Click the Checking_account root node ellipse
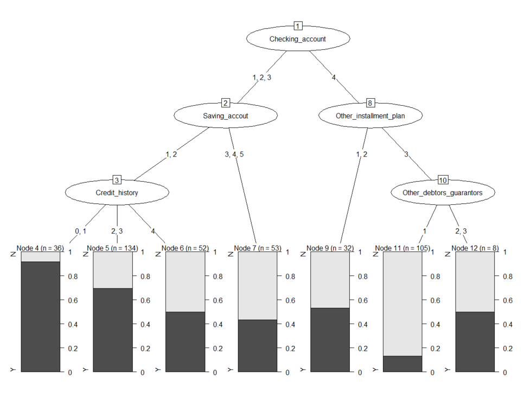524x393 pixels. pos(297,39)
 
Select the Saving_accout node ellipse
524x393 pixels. pos(226,115)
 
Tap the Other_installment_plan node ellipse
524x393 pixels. pos(370,115)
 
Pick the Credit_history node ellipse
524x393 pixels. pos(117,192)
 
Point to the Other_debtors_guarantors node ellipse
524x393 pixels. pos(442,192)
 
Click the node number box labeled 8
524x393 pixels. pos(370,103)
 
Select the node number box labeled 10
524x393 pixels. pos(442,180)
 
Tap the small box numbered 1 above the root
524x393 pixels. pos(297,26)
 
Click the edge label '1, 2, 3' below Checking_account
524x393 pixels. pos(262,78)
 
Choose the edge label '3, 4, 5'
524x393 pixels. pos(234,154)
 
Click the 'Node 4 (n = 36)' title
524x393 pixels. pos(41,248)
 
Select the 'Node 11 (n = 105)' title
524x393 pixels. pos(402,248)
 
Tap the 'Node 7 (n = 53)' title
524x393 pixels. pos(258,248)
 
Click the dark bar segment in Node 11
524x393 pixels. pos(402,364)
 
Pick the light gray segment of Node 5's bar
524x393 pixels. pos(113,269)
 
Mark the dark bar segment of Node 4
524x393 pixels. pos(41,317)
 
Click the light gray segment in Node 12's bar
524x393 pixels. pos(475,281)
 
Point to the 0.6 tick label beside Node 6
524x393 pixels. pos(217,300)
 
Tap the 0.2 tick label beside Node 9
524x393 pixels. pos(362,349)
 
